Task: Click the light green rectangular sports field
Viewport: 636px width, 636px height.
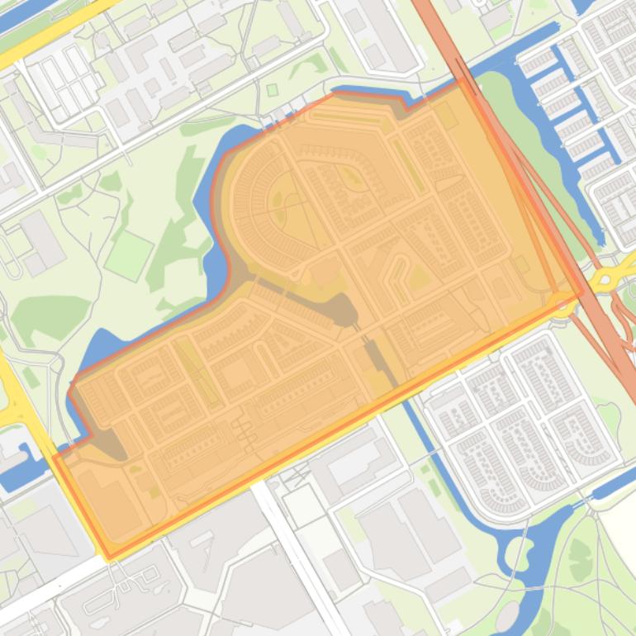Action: click(129, 255)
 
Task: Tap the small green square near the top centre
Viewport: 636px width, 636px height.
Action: click(273, 90)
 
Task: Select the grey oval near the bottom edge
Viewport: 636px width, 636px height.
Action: click(508, 615)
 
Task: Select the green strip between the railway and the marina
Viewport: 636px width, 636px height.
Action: click(529, 140)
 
